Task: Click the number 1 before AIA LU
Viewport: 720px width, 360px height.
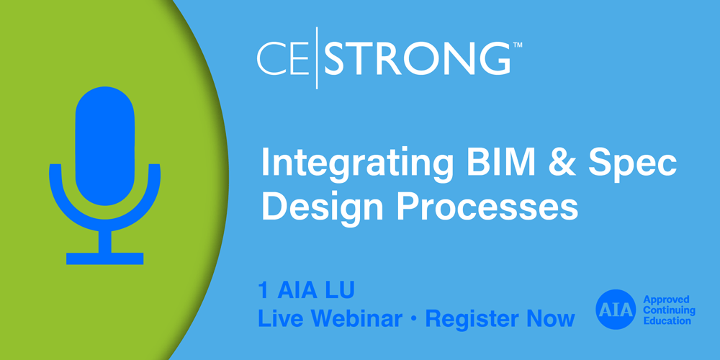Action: pos(264,292)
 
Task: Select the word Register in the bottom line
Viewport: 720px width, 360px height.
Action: pos(478,319)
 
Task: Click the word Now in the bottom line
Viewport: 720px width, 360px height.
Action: pos(554,318)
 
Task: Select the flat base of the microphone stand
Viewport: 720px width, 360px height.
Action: pos(105,258)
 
